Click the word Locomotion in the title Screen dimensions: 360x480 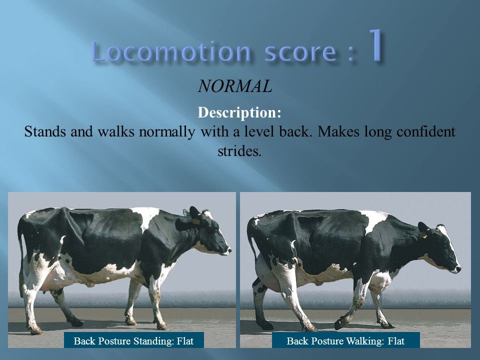coord(171,51)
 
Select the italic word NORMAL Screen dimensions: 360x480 coord(235,86)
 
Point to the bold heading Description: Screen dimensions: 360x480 coord(239,113)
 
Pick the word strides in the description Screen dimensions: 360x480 coord(239,150)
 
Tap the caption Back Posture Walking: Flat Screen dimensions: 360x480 coord(345,341)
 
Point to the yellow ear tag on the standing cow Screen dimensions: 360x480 coord(196,220)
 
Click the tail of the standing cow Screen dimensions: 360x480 coord(21,250)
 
